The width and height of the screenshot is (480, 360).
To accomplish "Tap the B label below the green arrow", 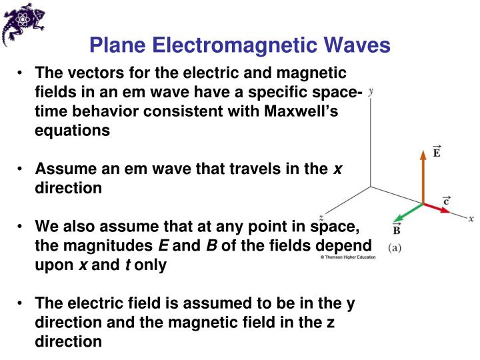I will [x=397, y=230].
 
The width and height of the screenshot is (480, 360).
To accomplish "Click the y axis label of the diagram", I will [x=370, y=93].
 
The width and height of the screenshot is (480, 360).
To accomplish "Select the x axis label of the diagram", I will [x=471, y=219].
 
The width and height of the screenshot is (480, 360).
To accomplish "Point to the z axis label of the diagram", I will [x=321, y=218].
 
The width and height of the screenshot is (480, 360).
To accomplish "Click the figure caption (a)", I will [x=396, y=246].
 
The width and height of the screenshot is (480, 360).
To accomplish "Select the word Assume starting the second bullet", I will [x=62, y=169].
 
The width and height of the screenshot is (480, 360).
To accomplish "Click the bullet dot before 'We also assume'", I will [x=22, y=226].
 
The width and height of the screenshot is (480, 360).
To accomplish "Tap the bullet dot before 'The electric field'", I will [x=22, y=303].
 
